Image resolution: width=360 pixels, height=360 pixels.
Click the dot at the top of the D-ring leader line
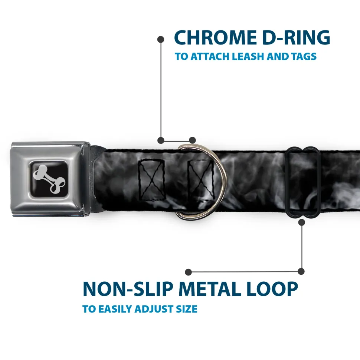[x=161, y=40]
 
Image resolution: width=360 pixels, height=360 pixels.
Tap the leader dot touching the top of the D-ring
[x=192, y=140]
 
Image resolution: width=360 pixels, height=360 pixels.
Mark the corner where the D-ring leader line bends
[x=161, y=140]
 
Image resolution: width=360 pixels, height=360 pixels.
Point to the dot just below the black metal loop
[x=301, y=222]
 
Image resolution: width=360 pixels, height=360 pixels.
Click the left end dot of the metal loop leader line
[x=188, y=272]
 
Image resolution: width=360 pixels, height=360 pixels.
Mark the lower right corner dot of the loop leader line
[x=301, y=271]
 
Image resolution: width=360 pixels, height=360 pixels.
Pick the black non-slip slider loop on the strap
[x=302, y=182]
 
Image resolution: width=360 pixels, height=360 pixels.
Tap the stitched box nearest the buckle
[x=151, y=180]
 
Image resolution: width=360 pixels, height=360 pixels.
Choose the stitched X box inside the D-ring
[x=201, y=181]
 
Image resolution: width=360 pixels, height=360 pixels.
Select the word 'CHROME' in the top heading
[x=215, y=38]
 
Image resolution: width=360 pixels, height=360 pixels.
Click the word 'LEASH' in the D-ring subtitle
[x=248, y=56]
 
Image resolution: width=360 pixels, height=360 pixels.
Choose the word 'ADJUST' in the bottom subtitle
[x=154, y=309]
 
